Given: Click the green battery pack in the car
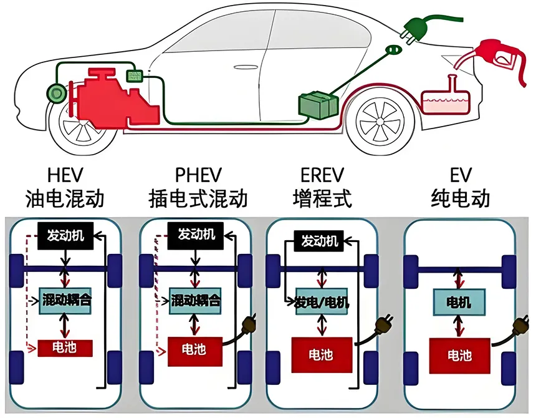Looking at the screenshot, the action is [x=318, y=104].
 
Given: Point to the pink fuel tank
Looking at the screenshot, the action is [x=445, y=97].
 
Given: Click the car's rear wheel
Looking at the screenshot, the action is [x=380, y=122].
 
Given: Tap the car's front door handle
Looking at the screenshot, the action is [x=246, y=67].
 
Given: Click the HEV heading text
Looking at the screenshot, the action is [x=65, y=175].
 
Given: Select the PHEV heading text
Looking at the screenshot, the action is [x=198, y=175].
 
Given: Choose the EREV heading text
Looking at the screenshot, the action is [x=322, y=175].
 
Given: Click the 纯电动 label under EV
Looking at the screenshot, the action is [x=461, y=198].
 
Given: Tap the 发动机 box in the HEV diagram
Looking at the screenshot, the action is [x=65, y=236].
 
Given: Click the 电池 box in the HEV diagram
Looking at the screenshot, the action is [x=65, y=348].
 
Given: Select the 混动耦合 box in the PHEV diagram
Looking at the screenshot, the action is [x=195, y=301].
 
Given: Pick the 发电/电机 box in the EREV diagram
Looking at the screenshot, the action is [x=322, y=302].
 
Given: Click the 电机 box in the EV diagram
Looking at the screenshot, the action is [x=459, y=303].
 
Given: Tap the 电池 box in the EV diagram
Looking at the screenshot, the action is [x=460, y=356].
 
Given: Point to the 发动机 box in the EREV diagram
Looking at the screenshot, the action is [x=319, y=241].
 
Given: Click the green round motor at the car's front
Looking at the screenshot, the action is [x=56, y=93].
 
